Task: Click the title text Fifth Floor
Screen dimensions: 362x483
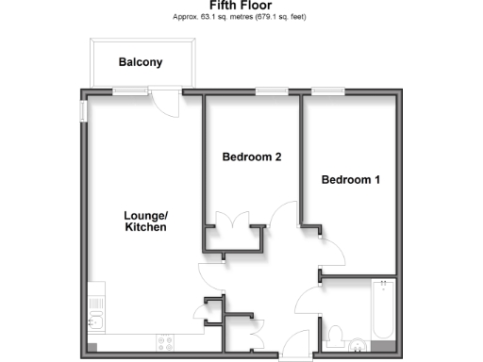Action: coord(241,5)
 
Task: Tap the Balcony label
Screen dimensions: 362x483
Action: coord(141,62)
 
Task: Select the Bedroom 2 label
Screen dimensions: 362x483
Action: coord(252,157)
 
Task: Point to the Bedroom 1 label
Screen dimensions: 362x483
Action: coord(350,179)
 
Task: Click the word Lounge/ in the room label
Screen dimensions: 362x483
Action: coord(145,214)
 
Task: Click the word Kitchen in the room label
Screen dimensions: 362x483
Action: coord(145,227)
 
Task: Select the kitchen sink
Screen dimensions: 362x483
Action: coord(95,322)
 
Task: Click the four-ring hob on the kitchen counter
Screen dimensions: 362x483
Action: coord(165,342)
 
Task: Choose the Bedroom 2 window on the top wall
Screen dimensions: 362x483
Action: coord(272,91)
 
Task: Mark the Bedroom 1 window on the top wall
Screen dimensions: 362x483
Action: coord(327,91)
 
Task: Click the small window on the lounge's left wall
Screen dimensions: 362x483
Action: coord(82,111)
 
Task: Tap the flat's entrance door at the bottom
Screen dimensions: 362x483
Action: coord(296,345)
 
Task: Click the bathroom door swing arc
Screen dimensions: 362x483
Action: coord(308,304)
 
